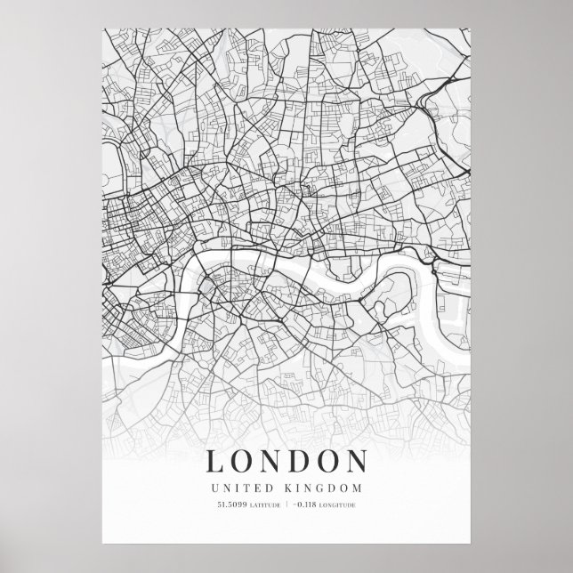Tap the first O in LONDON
244,462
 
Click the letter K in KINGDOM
294,488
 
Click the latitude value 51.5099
230,506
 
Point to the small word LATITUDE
262,507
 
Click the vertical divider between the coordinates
285,506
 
